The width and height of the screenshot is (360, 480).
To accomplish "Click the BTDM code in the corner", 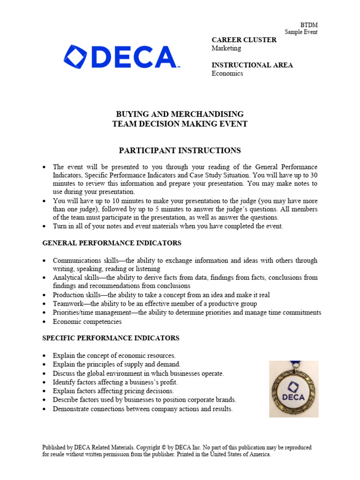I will coord(308,25).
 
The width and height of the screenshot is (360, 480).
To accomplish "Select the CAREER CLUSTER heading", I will coord(244,40).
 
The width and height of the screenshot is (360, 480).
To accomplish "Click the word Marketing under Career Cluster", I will coord(226,48).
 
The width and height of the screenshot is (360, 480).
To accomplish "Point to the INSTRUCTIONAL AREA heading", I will coord(252,65).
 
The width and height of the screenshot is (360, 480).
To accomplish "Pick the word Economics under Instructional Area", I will coord(227,74).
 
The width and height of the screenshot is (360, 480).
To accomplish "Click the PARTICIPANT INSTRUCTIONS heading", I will coord(180,150).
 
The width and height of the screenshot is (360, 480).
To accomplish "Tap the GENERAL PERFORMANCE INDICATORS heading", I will coord(112,243).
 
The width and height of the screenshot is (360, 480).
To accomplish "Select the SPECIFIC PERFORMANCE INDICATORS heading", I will coord(111,338).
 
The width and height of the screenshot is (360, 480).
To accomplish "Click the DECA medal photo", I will coord(293,390).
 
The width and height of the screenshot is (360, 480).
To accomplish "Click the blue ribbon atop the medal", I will coord(294,364).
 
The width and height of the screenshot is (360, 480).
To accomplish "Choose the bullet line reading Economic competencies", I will coord(87,322).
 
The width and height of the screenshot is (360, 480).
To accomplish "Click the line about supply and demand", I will coord(116,364).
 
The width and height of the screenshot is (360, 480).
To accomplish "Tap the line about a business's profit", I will coord(115,382).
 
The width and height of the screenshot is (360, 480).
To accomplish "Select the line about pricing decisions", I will coord(113,391).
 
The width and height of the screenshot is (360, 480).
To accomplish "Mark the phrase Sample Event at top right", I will coord(301,32).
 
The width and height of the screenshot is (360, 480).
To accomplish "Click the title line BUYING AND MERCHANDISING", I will coord(180,114).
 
